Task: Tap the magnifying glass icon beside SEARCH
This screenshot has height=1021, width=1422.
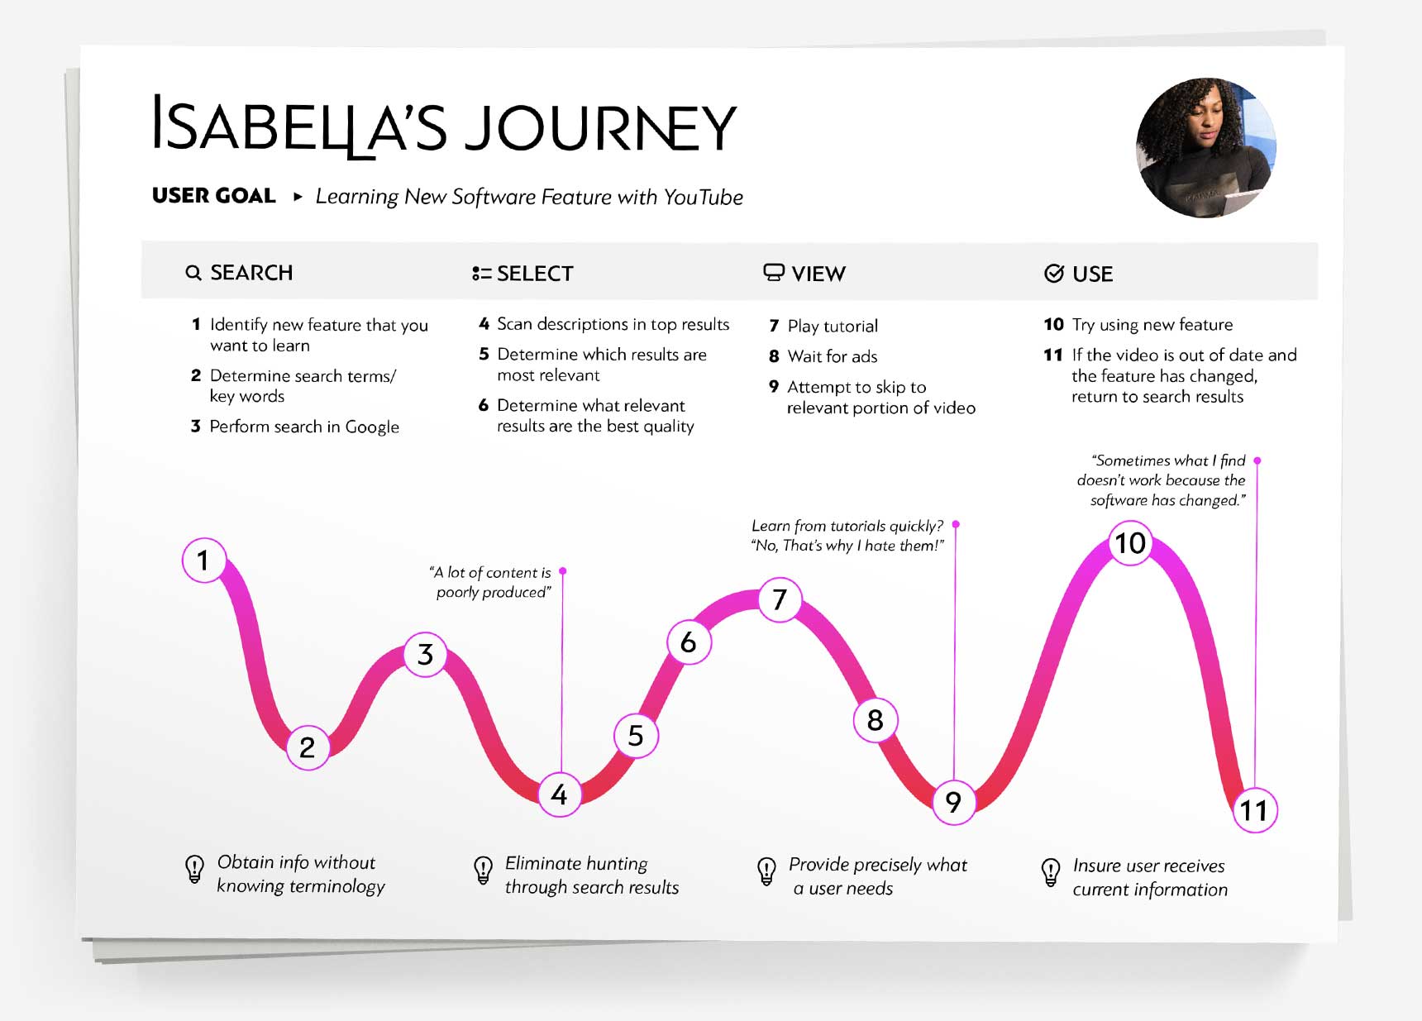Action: pos(193,273)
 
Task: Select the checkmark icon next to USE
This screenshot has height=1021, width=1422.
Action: pos(1053,274)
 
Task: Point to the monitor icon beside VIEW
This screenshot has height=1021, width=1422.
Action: pos(773,273)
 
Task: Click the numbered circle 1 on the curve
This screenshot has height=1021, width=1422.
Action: pos(203,561)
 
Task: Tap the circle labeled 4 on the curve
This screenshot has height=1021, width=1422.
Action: pos(560,794)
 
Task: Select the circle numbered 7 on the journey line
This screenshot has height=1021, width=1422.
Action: pos(780,599)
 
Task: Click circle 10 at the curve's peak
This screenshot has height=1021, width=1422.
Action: pos(1130,543)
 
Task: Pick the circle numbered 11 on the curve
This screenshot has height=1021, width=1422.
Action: pos(1254,811)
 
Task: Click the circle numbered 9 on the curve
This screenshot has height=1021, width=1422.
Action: pos(953,801)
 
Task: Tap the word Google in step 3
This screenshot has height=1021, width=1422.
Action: pos(372,427)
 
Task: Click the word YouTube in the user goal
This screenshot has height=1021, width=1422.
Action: pos(703,197)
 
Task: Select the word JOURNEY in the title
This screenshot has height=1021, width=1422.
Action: pos(599,128)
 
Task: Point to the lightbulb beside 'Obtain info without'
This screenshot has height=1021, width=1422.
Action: pos(194,870)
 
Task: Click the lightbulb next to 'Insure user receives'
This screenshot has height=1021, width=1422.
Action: pos(1050,872)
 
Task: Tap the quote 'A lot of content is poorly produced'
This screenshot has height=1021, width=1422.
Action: pos(491,582)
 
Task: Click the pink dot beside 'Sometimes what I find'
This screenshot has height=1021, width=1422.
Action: pos(1257,460)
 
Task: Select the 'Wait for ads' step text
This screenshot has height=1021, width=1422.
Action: pos(832,356)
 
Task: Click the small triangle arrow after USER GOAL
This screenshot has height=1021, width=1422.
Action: pos(298,197)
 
